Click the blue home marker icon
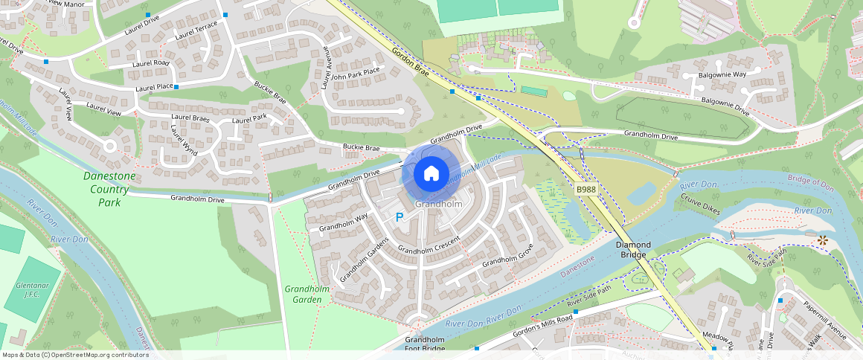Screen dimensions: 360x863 pyautogui.click(x=431, y=173)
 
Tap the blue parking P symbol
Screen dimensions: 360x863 pyautogui.click(x=400, y=217)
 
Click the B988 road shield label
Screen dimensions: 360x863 pyautogui.click(x=586, y=190)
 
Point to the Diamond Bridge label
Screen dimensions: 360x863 pyautogui.click(x=633, y=250)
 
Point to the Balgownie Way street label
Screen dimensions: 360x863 pyautogui.click(x=723, y=75)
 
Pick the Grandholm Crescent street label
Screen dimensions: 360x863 pyautogui.click(x=429, y=245)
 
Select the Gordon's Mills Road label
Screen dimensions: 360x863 pyautogui.click(x=542, y=327)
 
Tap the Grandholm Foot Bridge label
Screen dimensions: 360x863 pyautogui.click(x=425, y=344)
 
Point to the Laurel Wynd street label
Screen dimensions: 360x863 pyautogui.click(x=184, y=140)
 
